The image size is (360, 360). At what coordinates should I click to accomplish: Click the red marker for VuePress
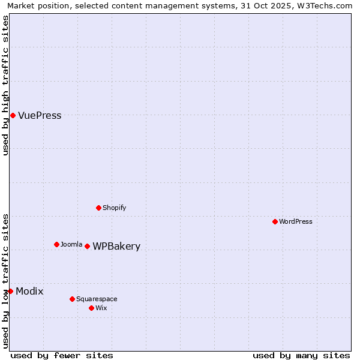click(x=13, y=115)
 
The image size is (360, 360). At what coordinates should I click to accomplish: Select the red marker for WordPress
click(x=275, y=221)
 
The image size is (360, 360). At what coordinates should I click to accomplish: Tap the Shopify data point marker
click(x=98, y=208)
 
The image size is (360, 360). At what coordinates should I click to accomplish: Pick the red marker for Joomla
click(x=56, y=244)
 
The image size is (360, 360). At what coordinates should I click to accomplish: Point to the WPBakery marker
click(x=87, y=246)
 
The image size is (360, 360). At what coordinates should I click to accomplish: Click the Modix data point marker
click(x=10, y=291)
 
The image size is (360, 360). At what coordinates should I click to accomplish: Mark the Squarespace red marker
click(x=72, y=299)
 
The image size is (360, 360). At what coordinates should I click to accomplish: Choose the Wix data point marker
click(x=91, y=308)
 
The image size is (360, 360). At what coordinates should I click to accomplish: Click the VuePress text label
click(x=40, y=116)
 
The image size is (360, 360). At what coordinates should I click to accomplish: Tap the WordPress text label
click(x=296, y=221)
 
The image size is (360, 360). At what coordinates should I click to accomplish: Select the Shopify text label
click(x=114, y=208)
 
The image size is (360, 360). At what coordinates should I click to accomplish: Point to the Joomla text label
click(x=71, y=244)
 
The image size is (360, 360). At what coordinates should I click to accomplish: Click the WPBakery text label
click(x=116, y=247)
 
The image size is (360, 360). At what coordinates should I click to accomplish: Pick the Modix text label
click(x=29, y=292)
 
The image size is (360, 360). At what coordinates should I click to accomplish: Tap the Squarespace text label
click(x=97, y=299)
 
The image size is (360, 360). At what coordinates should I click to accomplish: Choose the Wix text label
click(x=101, y=308)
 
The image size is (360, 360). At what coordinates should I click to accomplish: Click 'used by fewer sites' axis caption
click(x=62, y=355)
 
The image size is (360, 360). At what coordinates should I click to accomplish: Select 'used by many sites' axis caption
click(x=301, y=355)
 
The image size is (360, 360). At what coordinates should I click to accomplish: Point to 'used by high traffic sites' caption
click(x=5, y=86)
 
